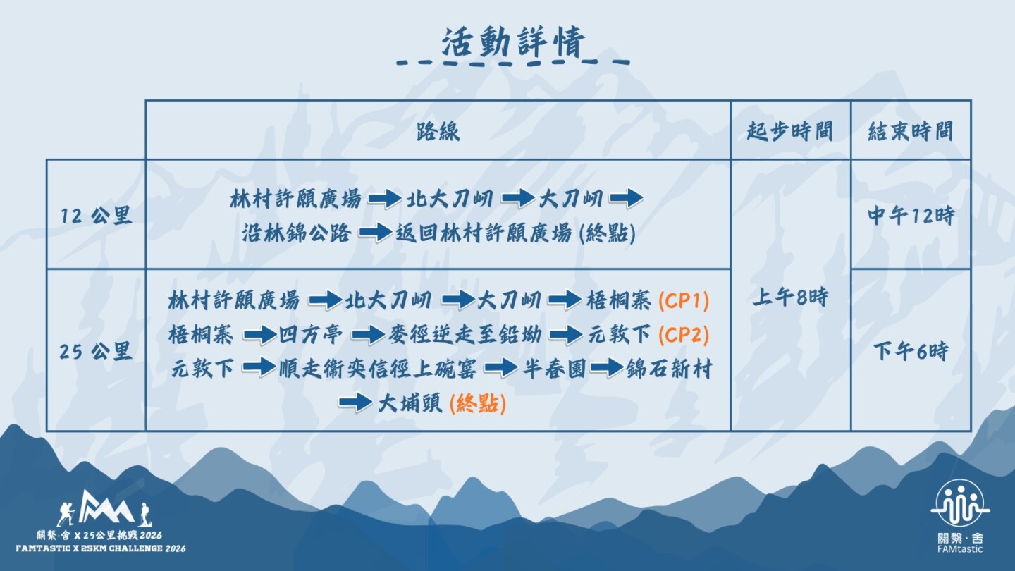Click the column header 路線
pyautogui.click(x=438, y=131)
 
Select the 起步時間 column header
pyautogui.click(x=789, y=131)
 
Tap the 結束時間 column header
pyautogui.click(x=911, y=131)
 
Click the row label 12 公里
pyautogui.click(x=96, y=215)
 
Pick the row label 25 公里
pyautogui.click(x=96, y=351)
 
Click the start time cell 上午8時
pyautogui.click(x=790, y=297)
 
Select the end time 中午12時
pyautogui.click(x=911, y=215)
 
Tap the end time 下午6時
pyautogui.click(x=911, y=351)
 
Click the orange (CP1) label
pyautogui.click(x=683, y=301)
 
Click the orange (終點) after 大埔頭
pyautogui.click(x=478, y=403)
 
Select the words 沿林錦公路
pyautogui.click(x=296, y=233)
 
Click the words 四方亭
pyautogui.click(x=310, y=335)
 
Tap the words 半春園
pyautogui.click(x=554, y=369)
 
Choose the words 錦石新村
pyautogui.click(x=669, y=369)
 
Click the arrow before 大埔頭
pyautogui.click(x=355, y=403)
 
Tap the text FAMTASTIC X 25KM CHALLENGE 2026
pyautogui.click(x=101, y=548)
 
